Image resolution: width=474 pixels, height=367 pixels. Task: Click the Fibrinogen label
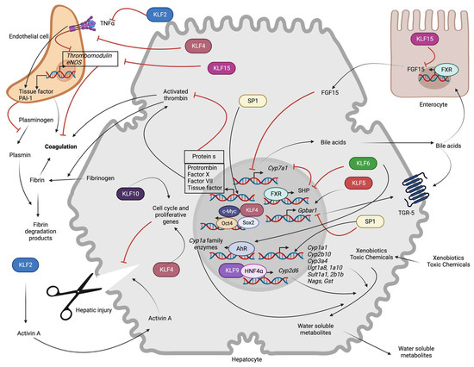(96, 180)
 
